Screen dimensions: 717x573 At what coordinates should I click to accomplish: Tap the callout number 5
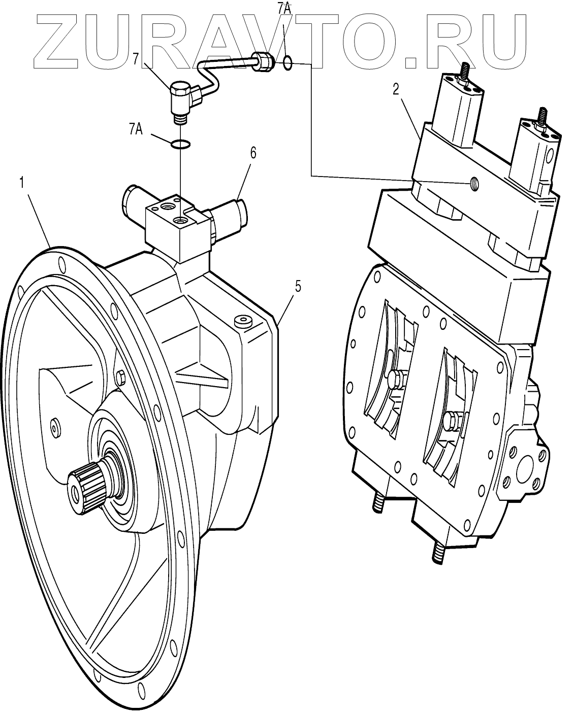[x=298, y=286]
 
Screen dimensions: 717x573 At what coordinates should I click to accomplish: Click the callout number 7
[x=136, y=59]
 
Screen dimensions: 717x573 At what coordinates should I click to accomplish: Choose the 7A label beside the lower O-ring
[x=135, y=129]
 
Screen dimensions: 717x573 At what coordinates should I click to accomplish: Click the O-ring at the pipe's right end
[x=287, y=63]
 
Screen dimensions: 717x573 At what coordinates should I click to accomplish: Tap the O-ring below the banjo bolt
[x=180, y=145]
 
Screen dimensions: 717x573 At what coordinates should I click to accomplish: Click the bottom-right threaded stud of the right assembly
[x=437, y=553]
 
